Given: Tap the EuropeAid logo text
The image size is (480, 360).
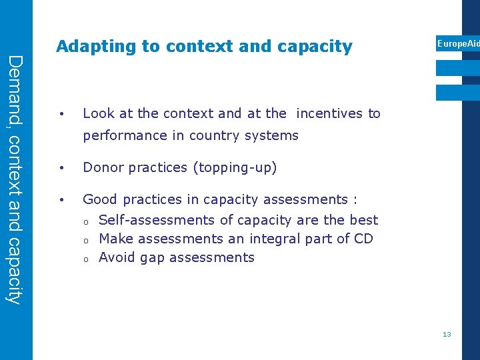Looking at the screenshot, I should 457,43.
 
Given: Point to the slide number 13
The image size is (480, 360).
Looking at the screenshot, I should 447,334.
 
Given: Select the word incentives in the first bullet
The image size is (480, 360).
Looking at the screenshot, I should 329,113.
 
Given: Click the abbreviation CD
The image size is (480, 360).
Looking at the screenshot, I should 363,239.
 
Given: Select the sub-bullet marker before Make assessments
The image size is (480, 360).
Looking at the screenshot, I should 86,240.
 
